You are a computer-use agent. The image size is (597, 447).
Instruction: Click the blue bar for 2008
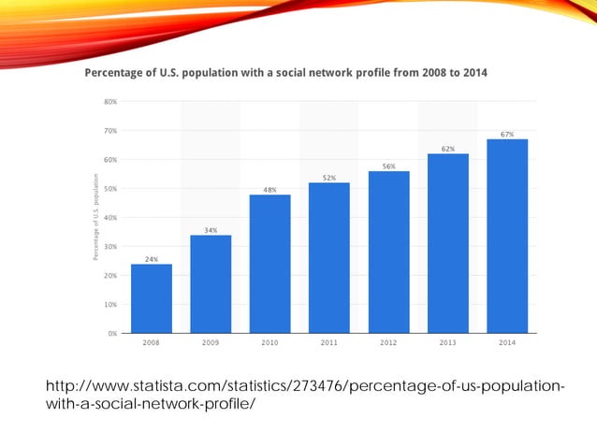151,298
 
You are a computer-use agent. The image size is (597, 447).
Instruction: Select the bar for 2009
211,283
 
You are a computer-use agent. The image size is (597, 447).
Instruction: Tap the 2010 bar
269,264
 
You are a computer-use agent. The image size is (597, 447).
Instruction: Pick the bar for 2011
329,257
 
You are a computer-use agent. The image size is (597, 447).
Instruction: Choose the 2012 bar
388,252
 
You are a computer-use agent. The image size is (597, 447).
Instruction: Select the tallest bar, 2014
507,236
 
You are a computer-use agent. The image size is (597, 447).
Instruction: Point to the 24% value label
151,259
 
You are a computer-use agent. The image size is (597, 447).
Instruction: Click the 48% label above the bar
269,190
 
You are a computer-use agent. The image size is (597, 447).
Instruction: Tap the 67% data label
507,135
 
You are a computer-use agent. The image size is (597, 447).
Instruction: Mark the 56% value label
388,166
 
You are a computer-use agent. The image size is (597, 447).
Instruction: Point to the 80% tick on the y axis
110,102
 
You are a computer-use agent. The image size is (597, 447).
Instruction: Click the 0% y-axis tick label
112,333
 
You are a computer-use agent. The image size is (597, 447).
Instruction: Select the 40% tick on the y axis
110,218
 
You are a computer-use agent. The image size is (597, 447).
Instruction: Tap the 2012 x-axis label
388,343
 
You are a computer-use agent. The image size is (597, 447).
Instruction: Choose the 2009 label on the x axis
211,343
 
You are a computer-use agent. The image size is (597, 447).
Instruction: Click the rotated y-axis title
95,218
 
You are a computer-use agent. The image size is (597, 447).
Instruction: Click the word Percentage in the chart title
119,72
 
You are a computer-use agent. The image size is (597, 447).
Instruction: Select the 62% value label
448,149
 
